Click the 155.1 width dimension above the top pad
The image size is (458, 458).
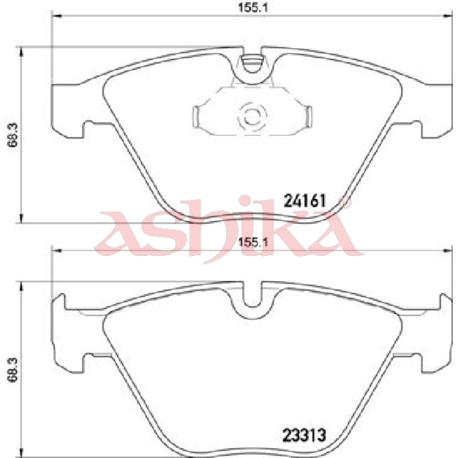253,7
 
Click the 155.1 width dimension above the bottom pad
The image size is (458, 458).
253,242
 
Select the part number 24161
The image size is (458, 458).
305,201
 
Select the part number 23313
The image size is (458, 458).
304,436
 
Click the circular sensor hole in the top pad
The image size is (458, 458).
252,117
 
